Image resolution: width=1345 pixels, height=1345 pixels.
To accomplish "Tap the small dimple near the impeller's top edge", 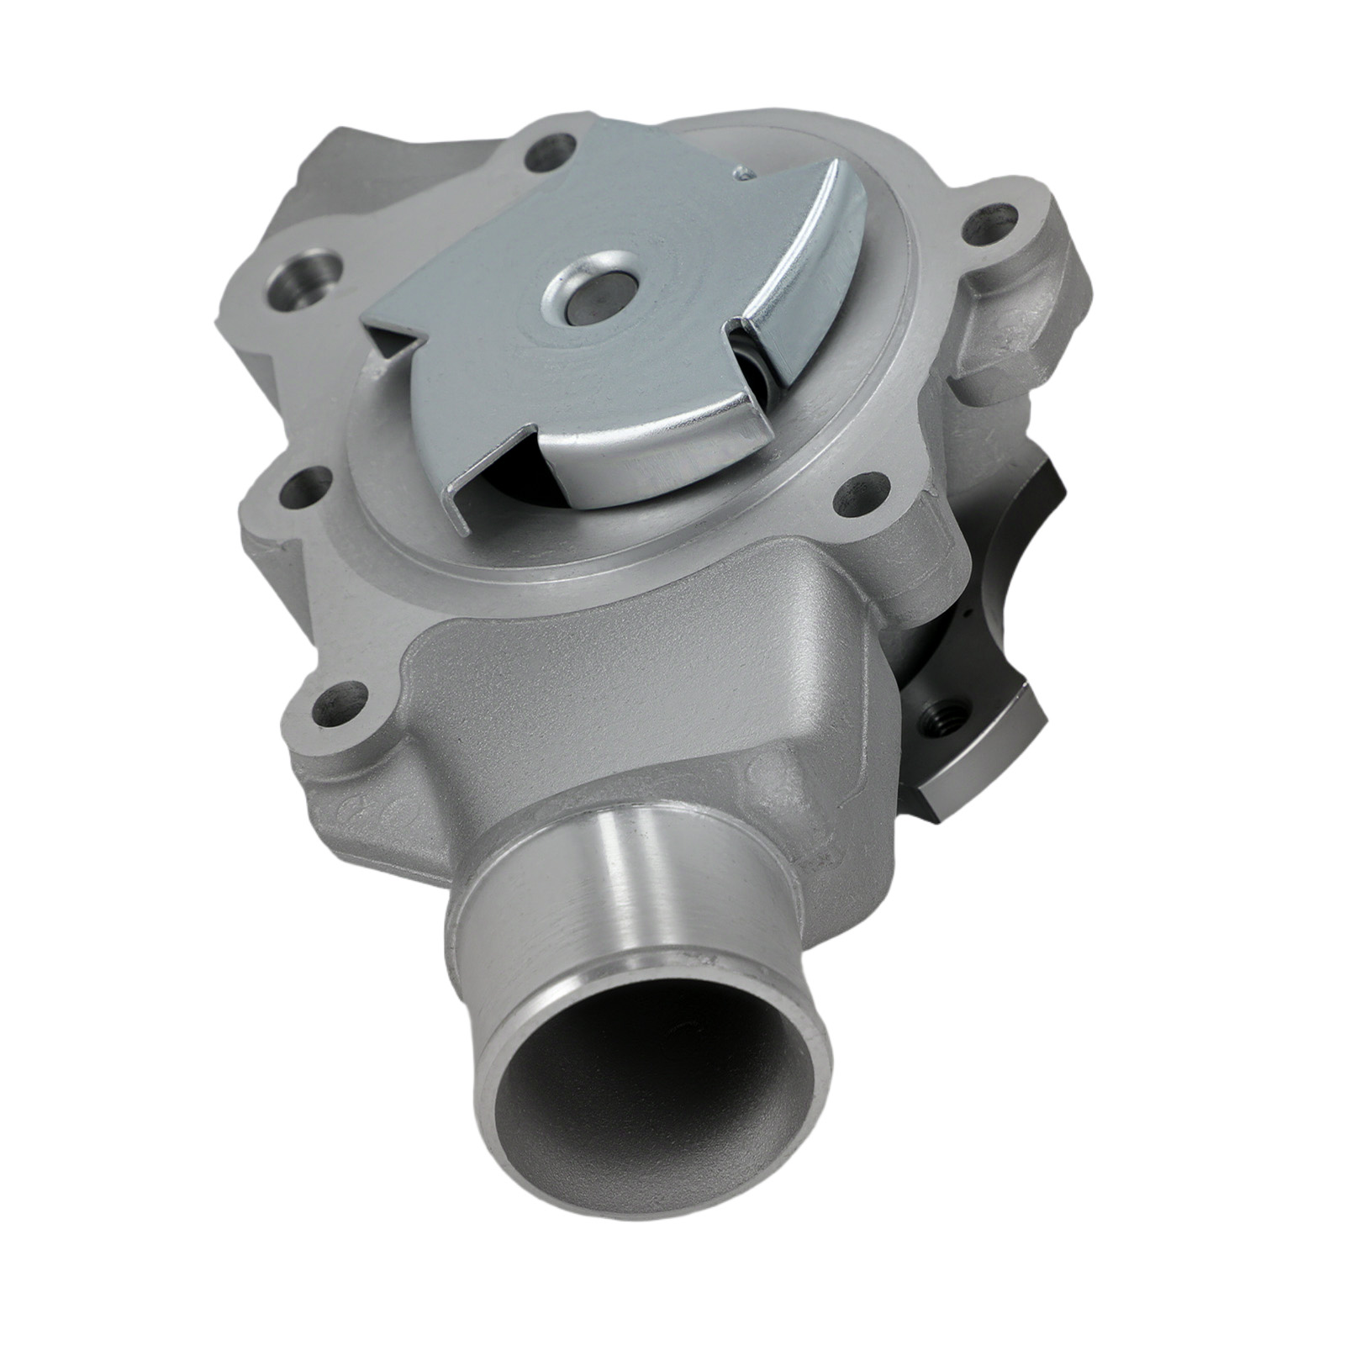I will [741, 175].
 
